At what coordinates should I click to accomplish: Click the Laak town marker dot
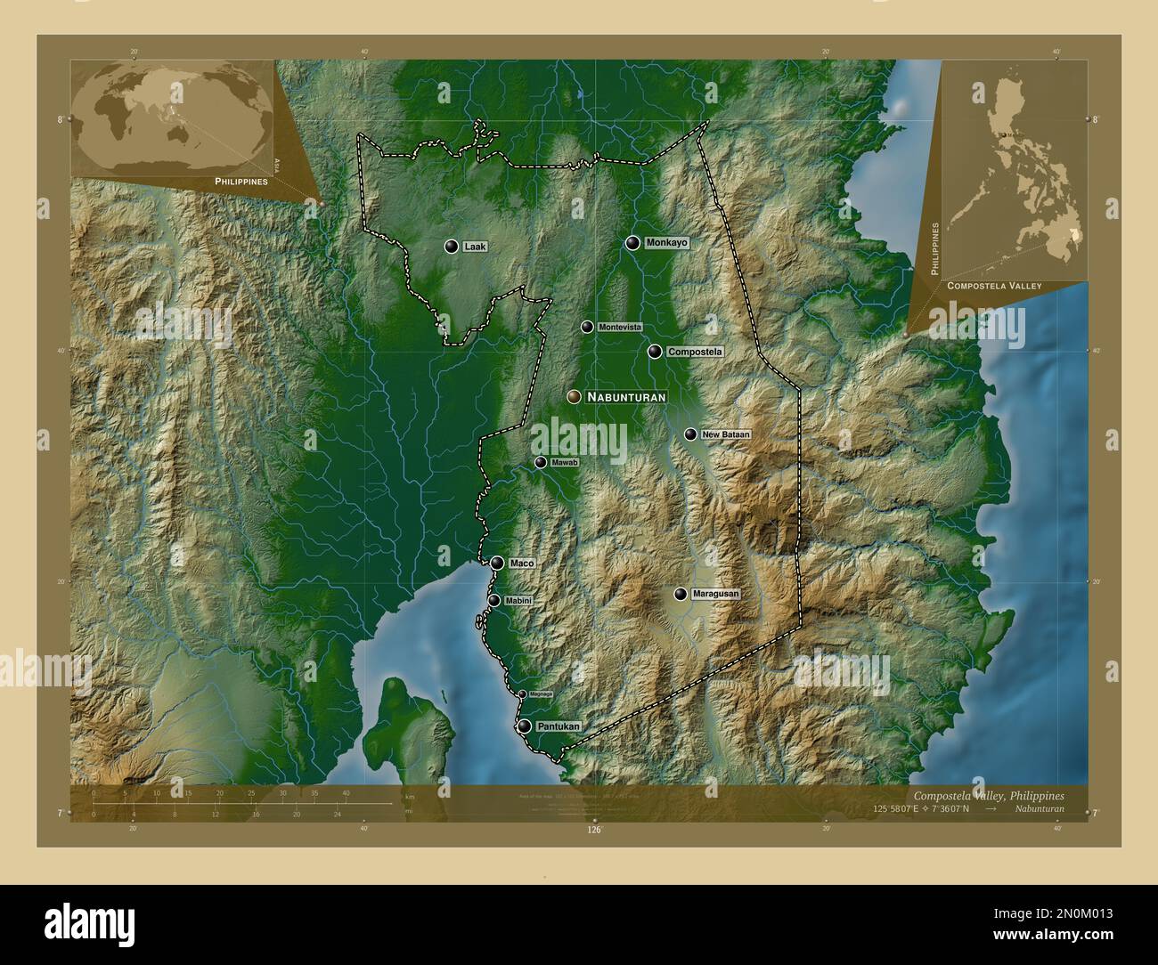pos(452,247)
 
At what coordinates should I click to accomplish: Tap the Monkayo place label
pos(667,242)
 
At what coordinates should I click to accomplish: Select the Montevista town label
pos(619,328)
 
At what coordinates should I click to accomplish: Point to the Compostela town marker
pos(655,352)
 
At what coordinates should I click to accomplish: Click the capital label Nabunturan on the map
pos(626,397)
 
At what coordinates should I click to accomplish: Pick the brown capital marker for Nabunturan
pos(574,397)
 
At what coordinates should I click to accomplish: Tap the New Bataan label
pos(725,434)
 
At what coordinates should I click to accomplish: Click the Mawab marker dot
pos(541,463)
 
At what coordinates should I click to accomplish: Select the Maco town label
pos(520,564)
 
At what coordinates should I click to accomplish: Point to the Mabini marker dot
pos(493,601)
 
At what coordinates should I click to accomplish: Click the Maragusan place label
pos(715,594)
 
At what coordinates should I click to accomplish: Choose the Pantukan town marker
pos(525,726)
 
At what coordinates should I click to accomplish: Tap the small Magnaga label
pos(541,694)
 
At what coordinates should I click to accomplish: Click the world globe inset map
pos(172,118)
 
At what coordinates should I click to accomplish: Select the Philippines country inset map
pos(1015,169)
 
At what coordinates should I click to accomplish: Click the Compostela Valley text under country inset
pos(994,286)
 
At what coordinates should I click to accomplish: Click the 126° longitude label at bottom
pos(594,830)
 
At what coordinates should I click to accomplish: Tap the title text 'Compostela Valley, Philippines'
pos(988,795)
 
